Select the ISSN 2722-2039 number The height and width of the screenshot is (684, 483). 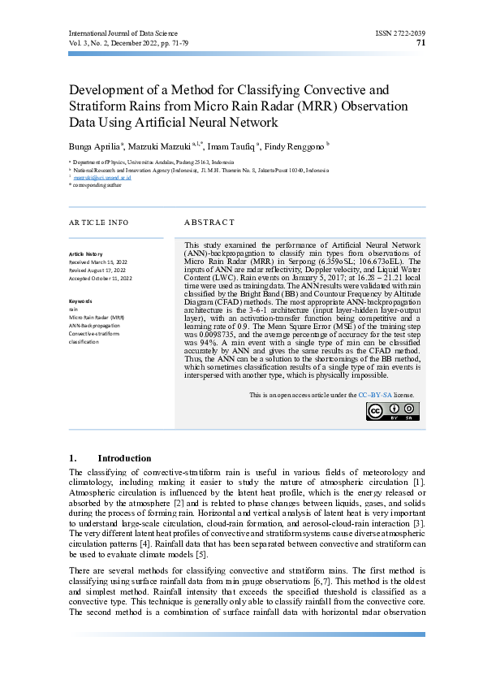(400, 32)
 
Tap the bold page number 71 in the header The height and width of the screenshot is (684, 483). (420, 42)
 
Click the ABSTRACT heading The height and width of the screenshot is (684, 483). (209, 222)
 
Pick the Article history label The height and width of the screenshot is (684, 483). (86, 254)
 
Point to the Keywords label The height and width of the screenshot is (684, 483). (82, 301)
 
